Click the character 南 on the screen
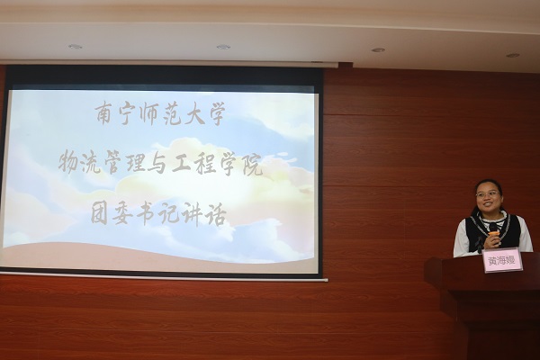point(106,114)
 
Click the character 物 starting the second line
point(68,164)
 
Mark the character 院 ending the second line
point(251,165)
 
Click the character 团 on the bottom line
point(100,214)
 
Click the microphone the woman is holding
point(493,235)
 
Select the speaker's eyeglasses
point(487,194)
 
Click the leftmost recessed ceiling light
point(75,46)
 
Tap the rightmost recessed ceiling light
point(512,55)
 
